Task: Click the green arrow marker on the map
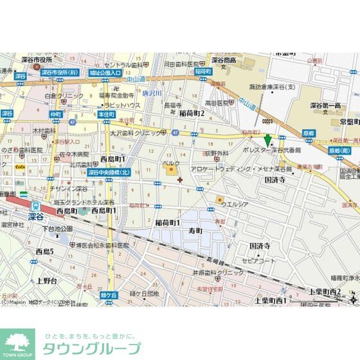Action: pos(267,139)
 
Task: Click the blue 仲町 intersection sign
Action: pos(55,114)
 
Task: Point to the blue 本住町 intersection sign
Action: pos(106,114)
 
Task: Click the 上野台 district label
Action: pos(47,281)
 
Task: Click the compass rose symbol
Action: pos(352,297)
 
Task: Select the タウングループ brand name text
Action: pos(91,349)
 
